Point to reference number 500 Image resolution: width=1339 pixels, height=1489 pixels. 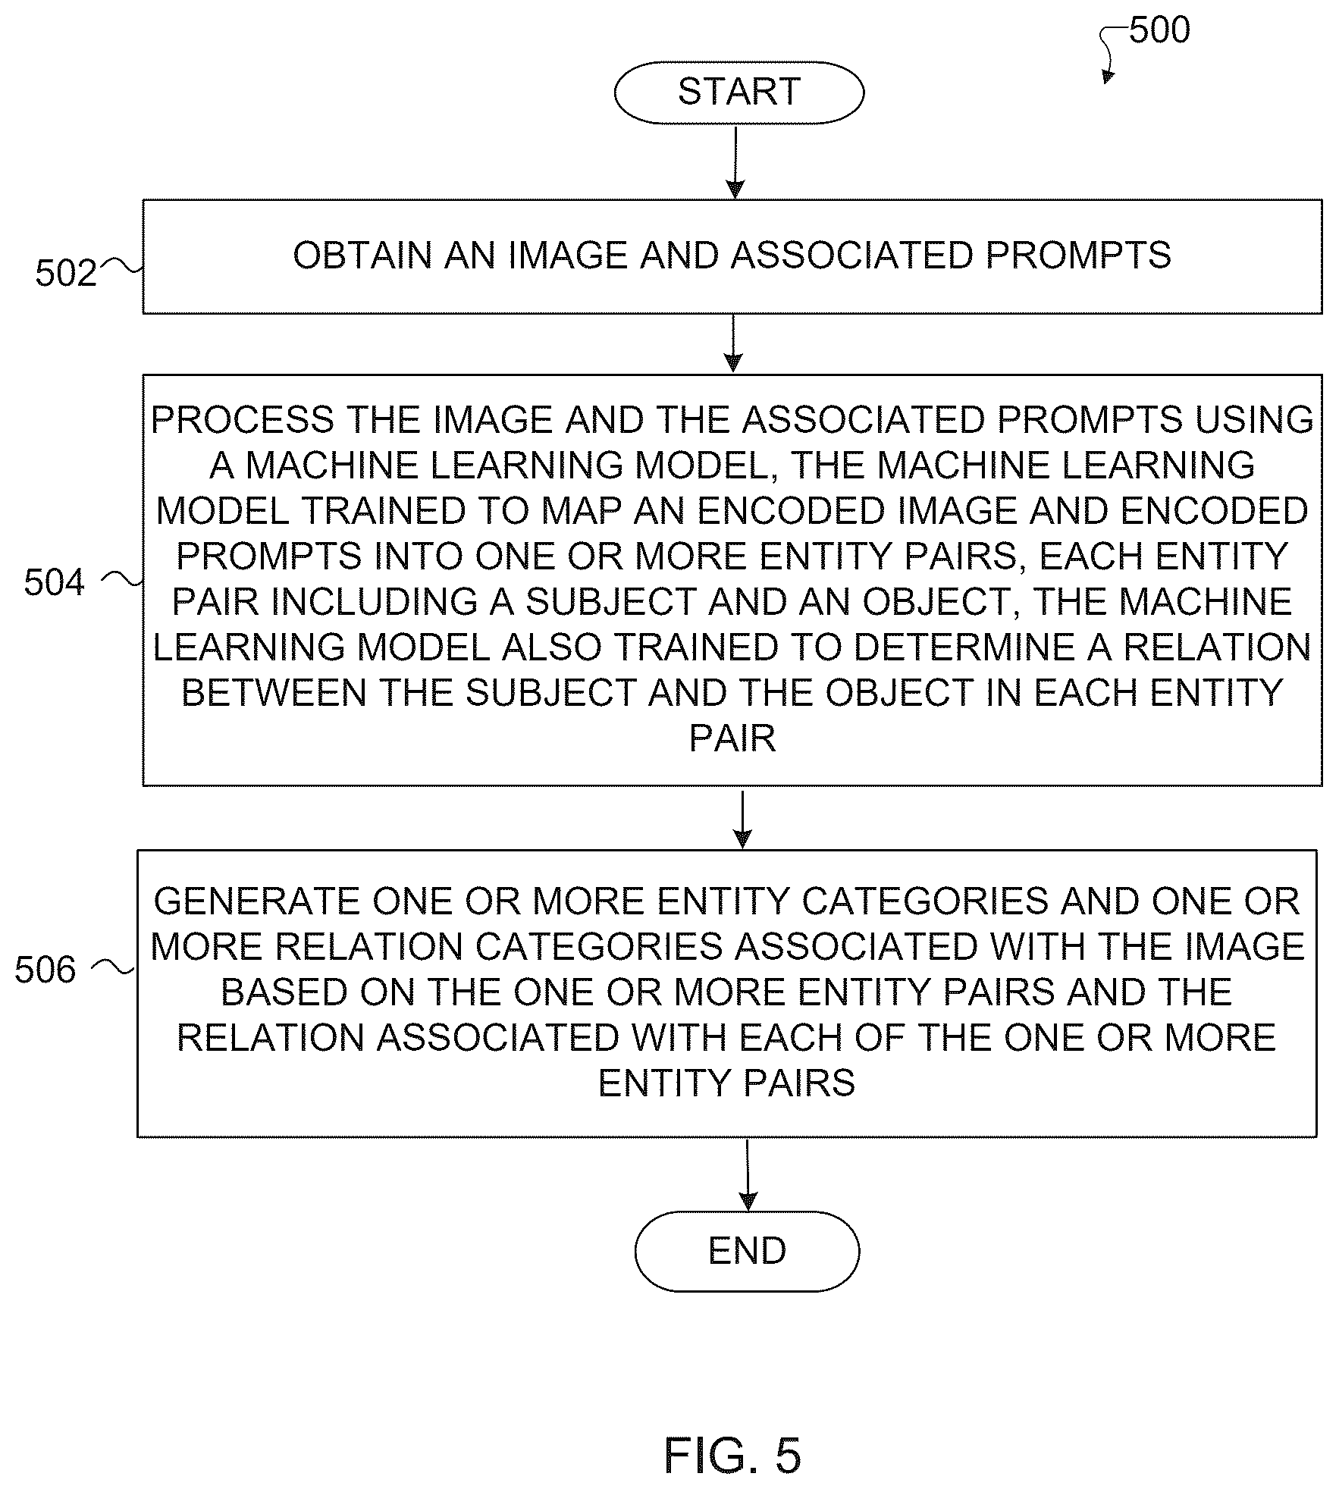coord(1159,30)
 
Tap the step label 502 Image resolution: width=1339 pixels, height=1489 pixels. coord(66,273)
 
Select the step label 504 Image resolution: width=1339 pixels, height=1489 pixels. coord(55,582)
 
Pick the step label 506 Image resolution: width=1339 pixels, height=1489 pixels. coord(45,970)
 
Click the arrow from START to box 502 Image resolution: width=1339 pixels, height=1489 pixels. coord(735,162)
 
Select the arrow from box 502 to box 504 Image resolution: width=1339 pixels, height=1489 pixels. coord(732,343)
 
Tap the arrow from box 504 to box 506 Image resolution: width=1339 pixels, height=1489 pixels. coord(743,820)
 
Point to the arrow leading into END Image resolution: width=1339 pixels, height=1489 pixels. coord(748,1175)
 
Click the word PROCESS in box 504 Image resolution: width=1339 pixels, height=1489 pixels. coord(243,420)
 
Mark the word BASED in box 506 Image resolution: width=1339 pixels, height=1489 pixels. coord(284,992)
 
